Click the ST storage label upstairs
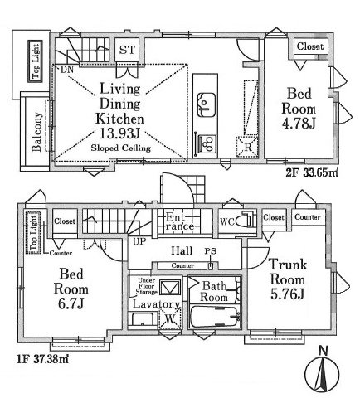[x=127, y=50]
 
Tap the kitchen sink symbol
[x=207, y=104]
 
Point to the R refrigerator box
[x=247, y=147]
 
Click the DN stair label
[x=67, y=70]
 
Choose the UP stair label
[x=139, y=241]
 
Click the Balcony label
[x=36, y=132]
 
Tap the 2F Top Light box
[x=36, y=61]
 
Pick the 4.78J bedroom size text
[x=299, y=124]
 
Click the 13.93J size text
[x=119, y=134]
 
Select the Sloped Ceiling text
[x=121, y=148]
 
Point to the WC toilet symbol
[x=246, y=221]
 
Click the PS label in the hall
[x=211, y=251]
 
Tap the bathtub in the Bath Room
[x=215, y=317]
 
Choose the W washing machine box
[x=170, y=318]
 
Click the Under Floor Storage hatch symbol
[x=171, y=287]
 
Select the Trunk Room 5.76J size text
[x=287, y=294]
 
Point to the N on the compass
[x=323, y=351]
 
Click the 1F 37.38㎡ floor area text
[x=42, y=359]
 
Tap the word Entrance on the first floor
[x=180, y=221]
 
